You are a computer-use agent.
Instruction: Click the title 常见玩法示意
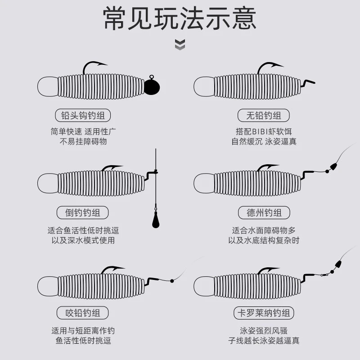(x=180, y=18)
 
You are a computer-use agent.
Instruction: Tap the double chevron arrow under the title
(x=180, y=45)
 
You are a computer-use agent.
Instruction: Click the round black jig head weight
(x=152, y=85)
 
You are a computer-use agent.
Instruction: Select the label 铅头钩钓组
(x=83, y=115)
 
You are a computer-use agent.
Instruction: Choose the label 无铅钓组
(x=264, y=115)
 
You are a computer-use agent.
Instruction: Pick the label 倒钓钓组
(x=83, y=212)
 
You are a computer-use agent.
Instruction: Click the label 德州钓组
(x=264, y=212)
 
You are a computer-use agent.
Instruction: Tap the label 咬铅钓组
(x=83, y=313)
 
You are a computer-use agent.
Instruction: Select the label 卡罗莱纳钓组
(x=264, y=313)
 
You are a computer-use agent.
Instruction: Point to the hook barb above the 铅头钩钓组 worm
(x=101, y=64)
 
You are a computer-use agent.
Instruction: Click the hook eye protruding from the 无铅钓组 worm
(x=308, y=83)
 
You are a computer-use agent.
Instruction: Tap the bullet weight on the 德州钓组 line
(x=333, y=166)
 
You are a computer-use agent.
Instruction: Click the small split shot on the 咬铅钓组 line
(x=172, y=281)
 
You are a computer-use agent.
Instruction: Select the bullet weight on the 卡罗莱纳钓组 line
(x=338, y=264)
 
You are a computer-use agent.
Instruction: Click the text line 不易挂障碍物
(x=83, y=141)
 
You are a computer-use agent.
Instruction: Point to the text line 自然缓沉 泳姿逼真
(x=264, y=141)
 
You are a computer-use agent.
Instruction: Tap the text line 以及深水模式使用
(x=83, y=240)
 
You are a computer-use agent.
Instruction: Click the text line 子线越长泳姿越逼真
(x=264, y=341)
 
